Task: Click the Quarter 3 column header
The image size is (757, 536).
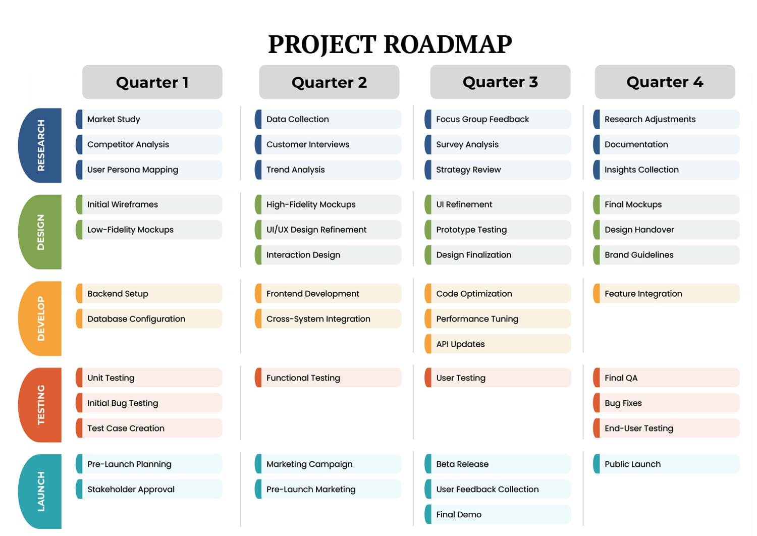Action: click(500, 82)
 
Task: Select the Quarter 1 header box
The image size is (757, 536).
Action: click(152, 82)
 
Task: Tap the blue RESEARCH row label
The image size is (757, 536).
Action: click(40, 145)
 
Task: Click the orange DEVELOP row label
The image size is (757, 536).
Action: click(40, 318)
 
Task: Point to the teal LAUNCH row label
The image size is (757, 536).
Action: click(40, 492)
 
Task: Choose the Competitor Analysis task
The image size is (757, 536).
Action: click(149, 144)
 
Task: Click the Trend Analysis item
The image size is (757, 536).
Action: click(328, 170)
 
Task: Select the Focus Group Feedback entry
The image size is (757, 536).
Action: click(498, 119)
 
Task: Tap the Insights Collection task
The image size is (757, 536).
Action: click(666, 170)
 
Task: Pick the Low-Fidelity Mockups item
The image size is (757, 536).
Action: click(149, 230)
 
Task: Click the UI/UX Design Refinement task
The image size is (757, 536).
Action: click(328, 230)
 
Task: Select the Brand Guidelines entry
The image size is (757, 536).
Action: click(666, 255)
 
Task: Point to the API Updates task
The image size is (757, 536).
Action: click(498, 344)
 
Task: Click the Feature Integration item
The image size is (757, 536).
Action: click(666, 294)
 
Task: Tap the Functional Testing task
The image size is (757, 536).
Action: click(328, 378)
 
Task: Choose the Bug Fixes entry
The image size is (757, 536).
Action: click(666, 403)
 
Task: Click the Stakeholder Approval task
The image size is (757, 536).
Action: click(149, 490)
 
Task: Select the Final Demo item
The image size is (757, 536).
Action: click(498, 515)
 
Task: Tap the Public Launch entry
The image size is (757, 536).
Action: click(666, 464)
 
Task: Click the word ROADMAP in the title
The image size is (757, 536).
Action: click(448, 44)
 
